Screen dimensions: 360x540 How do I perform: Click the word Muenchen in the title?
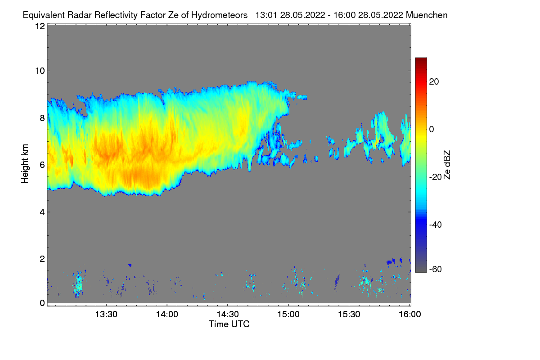[x=427, y=15]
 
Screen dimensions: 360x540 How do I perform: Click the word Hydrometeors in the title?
[x=219, y=15]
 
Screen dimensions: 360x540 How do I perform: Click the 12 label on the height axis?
[x=40, y=26]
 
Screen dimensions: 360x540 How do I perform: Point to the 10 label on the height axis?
[x=40, y=71]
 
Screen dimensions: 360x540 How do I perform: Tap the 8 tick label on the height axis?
[x=42, y=118]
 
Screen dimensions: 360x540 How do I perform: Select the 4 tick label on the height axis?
[x=42, y=212]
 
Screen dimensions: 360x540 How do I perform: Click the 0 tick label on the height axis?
[x=42, y=303]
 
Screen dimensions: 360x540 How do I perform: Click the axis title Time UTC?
[x=229, y=324]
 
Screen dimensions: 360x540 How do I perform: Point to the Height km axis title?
[x=25, y=163]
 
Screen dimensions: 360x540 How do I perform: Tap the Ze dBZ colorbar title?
[x=447, y=164]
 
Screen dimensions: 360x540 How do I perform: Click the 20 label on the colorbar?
[x=434, y=82]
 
